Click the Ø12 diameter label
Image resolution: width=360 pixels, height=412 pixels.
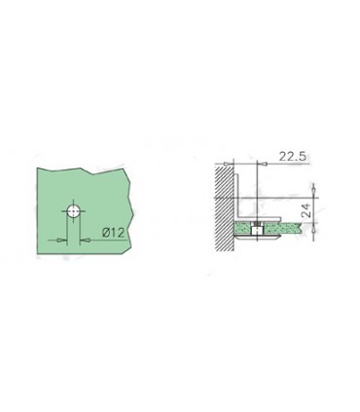tap(113, 234)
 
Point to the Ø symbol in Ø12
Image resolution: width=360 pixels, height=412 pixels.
tap(106, 234)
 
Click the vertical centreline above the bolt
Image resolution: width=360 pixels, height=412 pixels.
tap(255, 190)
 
